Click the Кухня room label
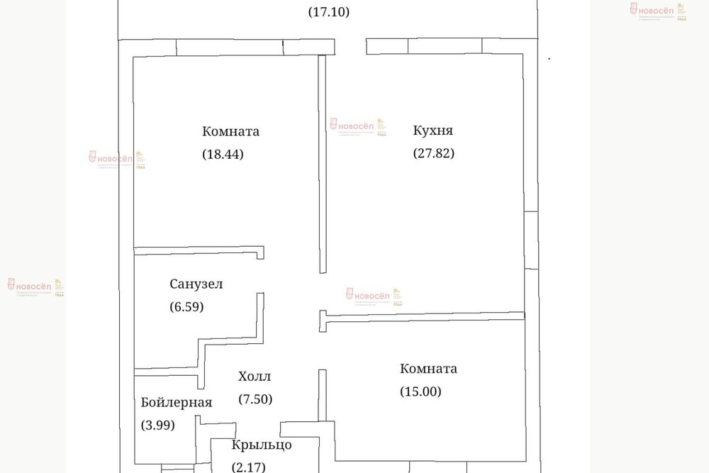click(433, 130)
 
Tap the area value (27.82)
click(433, 152)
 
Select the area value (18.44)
click(223, 153)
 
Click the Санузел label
click(196, 284)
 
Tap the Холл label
click(255, 377)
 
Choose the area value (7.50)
click(255, 399)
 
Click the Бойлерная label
click(177, 403)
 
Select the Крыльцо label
click(262, 445)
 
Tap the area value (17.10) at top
click(330, 12)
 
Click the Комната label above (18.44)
click(230, 131)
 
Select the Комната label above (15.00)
click(428, 369)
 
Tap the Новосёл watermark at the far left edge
click(32, 286)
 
